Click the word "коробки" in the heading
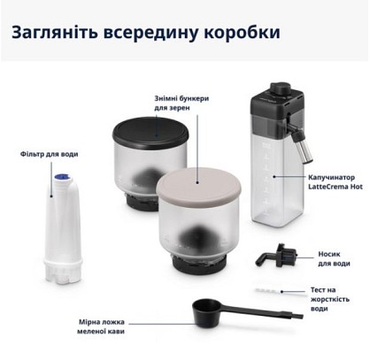click(x=242, y=33)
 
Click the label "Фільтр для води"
click(x=50, y=154)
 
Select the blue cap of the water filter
click(x=63, y=177)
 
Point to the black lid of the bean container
click(x=150, y=133)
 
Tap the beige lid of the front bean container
click(x=198, y=184)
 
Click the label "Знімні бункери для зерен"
click(x=181, y=103)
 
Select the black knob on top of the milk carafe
click(x=281, y=88)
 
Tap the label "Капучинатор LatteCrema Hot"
click(x=335, y=182)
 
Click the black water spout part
click(x=276, y=256)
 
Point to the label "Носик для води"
click(x=334, y=258)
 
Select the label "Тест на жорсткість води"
click(x=329, y=299)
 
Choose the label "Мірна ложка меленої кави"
click(x=101, y=326)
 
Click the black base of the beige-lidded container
click(x=199, y=264)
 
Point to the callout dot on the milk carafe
click(x=274, y=177)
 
